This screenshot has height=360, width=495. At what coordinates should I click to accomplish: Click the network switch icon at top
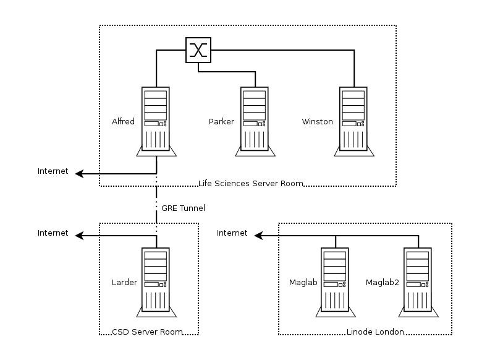(198, 50)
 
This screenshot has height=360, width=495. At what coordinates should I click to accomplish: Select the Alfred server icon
(155, 121)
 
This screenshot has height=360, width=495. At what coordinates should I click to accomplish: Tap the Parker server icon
(254, 121)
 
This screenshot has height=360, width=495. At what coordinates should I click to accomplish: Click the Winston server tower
(354, 121)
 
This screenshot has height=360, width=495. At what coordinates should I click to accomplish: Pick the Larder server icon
(155, 282)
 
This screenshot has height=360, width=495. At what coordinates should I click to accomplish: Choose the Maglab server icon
(334, 282)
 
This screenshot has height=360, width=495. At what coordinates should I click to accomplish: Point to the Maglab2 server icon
(418, 282)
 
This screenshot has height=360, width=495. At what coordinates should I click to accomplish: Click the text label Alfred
(123, 121)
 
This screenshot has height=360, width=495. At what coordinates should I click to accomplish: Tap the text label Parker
(221, 121)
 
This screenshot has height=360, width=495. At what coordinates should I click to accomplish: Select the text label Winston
(317, 121)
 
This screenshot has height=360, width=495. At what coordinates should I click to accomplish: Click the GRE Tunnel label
(183, 208)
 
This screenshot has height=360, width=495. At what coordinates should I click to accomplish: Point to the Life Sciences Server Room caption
(251, 183)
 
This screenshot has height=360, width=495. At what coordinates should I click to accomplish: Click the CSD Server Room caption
(147, 332)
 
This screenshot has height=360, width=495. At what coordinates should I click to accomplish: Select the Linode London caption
(375, 332)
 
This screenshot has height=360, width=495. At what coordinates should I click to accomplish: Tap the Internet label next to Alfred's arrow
(53, 171)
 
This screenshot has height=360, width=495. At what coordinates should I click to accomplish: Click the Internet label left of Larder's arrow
(53, 233)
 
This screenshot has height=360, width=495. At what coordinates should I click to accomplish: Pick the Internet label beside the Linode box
(232, 233)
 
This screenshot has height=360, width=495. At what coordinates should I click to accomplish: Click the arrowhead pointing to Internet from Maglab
(260, 236)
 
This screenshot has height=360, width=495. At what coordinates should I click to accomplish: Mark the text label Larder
(124, 283)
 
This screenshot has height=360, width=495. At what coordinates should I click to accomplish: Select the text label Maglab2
(382, 283)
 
